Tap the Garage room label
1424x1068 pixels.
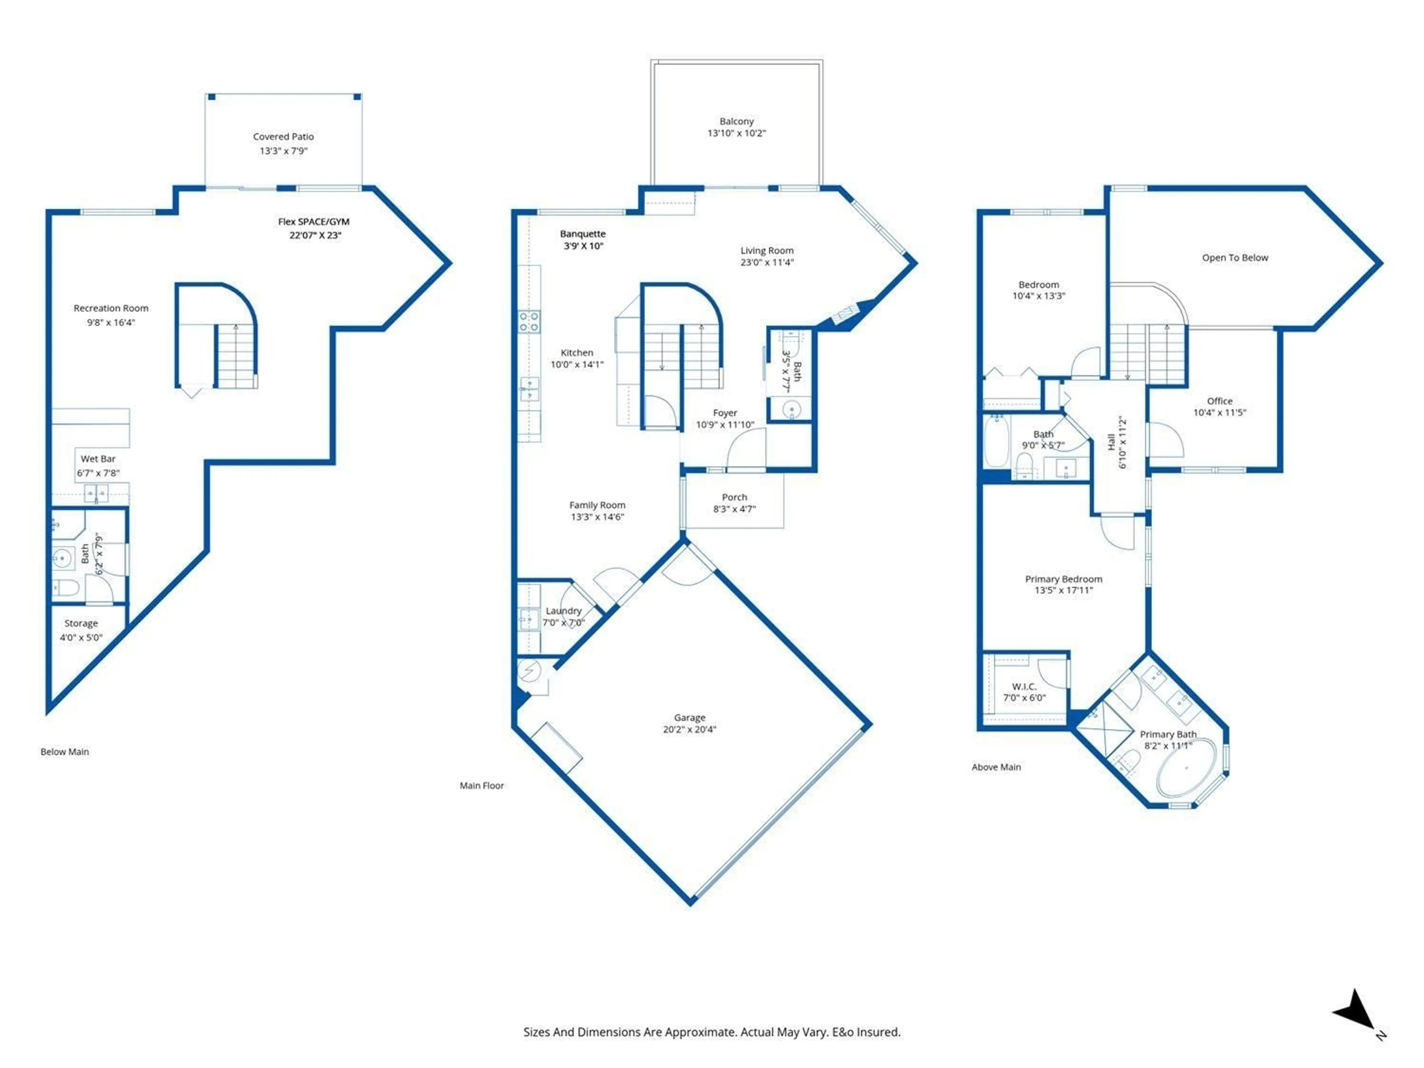689,717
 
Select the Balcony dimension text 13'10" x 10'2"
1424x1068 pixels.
736,133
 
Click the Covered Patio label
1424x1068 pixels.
283,136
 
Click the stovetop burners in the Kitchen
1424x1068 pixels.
529,321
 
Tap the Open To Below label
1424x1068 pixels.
1235,257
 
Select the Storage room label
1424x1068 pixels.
81,623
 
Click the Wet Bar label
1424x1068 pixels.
98,459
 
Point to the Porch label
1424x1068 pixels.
735,497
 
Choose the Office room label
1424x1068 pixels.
1219,400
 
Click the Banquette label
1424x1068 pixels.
583,234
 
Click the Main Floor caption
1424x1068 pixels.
482,785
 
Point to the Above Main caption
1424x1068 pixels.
996,767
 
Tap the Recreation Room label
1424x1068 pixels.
111,309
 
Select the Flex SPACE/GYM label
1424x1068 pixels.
313,221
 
